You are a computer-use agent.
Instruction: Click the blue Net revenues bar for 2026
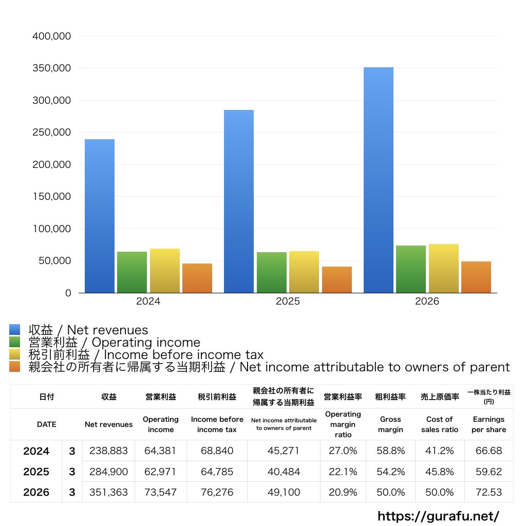(x=379, y=180)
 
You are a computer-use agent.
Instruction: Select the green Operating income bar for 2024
(x=132, y=272)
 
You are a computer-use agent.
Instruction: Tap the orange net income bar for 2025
(x=337, y=280)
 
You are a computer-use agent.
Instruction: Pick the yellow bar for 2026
(x=443, y=268)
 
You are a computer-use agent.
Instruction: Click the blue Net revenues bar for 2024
(x=100, y=216)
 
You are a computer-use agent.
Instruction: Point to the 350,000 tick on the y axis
(x=52, y=68)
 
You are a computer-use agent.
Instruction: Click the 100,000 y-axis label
(x=52, y=229)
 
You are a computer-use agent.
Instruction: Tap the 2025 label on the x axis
(x=288, y=301)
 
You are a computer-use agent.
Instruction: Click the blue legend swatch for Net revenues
(x=15, y=329)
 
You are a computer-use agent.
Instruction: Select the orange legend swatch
(x=15, y=367)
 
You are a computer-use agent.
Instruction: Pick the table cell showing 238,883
(x=109, y=450)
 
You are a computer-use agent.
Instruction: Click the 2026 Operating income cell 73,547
(x=160, y=492)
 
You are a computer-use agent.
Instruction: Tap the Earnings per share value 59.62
(x=489, y=472)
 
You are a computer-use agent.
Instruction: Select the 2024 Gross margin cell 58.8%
(x=390, y=450)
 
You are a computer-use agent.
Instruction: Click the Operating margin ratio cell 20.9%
(x=343, y=492)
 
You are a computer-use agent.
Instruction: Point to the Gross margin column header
(x=390, y=424)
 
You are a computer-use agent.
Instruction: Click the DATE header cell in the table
(x=47, y=424)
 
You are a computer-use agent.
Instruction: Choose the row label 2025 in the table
(x=36, y=472)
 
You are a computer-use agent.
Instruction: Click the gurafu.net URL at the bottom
(x=439, y=516)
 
